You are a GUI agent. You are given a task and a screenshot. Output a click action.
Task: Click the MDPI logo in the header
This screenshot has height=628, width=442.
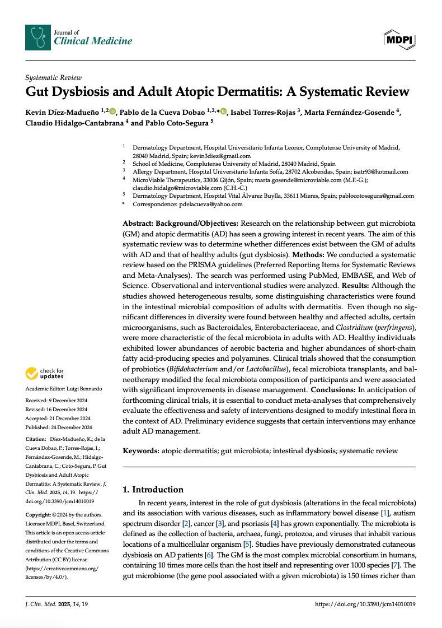(399, 39)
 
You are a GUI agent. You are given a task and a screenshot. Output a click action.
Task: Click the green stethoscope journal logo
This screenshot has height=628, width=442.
(37, 37)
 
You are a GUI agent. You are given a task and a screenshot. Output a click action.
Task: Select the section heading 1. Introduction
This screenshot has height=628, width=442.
(153, 489)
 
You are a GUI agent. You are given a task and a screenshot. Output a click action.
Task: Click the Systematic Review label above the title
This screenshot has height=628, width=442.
(54, 78)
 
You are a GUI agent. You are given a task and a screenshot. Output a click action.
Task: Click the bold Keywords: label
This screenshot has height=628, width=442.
(141, 450)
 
